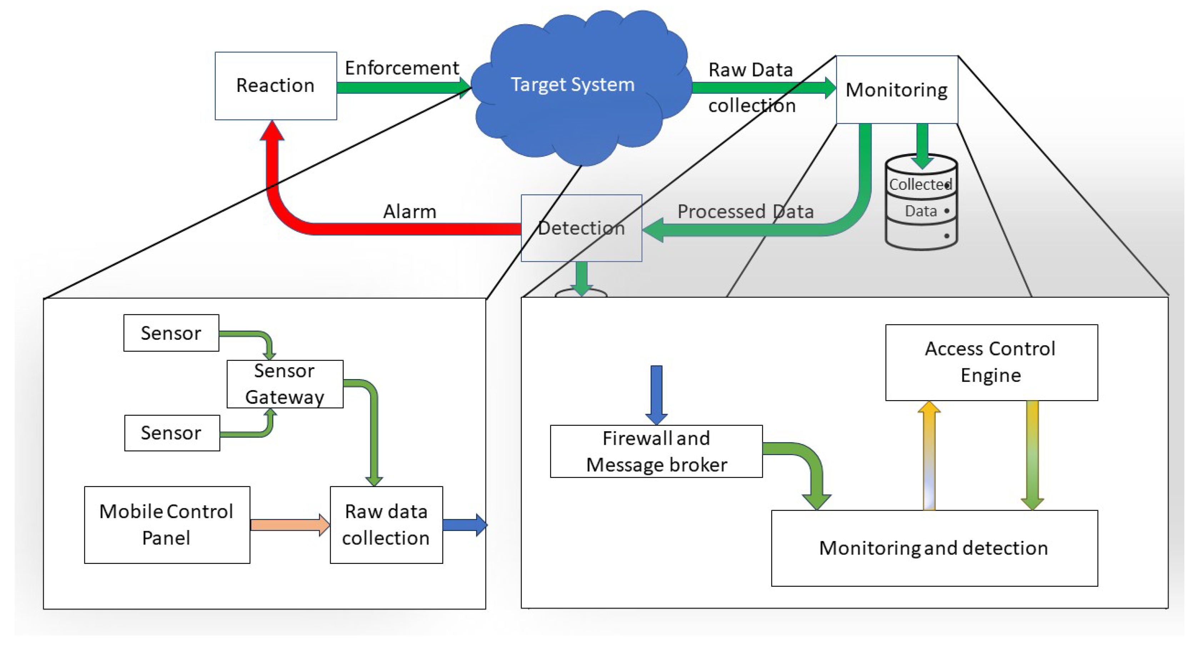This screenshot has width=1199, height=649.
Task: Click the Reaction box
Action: tap(275, 86)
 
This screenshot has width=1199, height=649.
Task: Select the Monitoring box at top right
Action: tap(896, 89)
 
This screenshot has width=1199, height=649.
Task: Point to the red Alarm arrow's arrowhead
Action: tap(272, 131)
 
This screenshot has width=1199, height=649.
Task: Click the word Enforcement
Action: tap(401, 68)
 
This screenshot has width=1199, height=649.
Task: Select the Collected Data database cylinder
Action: tap(921, 203)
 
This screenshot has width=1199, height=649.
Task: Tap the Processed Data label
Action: tap(745, 212)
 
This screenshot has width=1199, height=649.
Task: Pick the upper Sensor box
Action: tap(171, 333)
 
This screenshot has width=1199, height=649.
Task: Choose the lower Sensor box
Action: tap(172, 433)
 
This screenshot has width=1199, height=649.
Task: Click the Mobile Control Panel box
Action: tap(167, 525)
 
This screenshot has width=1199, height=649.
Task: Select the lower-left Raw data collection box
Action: tap(386, 525)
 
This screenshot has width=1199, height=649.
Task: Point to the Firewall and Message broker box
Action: tap(656, 451)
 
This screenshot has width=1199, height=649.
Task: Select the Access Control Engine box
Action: tap(991, 362)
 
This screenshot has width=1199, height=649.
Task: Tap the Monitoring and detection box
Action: tap(934, 548)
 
